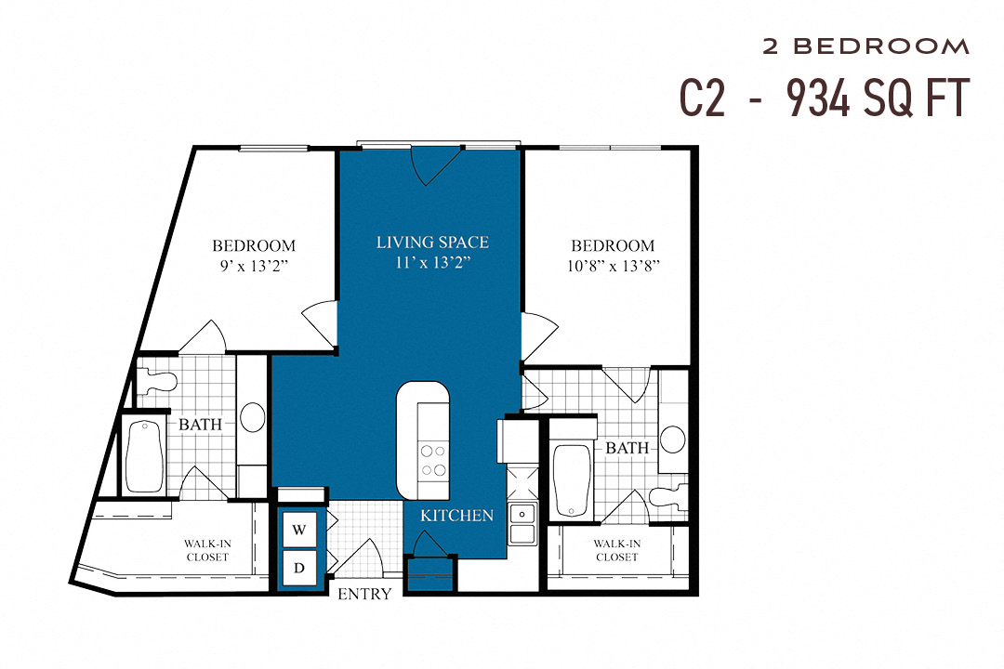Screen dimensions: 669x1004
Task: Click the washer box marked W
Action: click(299, 530)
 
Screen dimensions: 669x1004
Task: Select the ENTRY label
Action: click(363, 594)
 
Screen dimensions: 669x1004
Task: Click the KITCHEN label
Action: click(456, 515)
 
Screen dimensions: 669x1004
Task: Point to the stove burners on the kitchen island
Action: click(433, 460)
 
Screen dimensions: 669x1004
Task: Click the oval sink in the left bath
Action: click(251, 416)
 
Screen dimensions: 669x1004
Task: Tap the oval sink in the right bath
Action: click(673, 438)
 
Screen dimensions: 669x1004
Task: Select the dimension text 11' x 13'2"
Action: click(432, 263)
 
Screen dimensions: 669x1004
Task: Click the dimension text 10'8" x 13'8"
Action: click(613, 267)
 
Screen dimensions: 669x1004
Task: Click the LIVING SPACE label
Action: click(432, 243)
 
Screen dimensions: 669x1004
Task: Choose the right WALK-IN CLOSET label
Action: click(617, 550)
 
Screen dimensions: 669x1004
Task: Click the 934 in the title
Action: click(818, 98)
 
